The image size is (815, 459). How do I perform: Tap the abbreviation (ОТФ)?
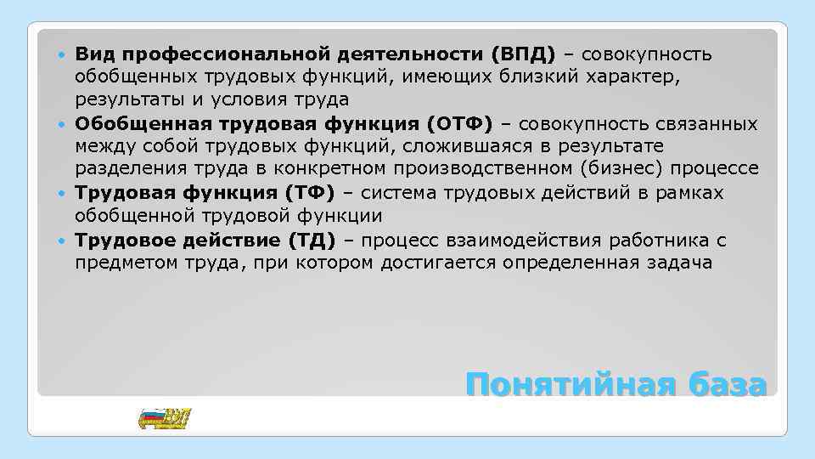coord(460,125)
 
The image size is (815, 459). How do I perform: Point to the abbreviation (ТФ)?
coord(311,194)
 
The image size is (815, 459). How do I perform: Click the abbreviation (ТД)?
coord(311,241)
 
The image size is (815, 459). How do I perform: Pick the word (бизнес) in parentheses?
coord(606,171)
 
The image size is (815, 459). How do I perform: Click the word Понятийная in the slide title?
coord(563,384)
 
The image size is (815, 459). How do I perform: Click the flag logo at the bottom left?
coord(164,418)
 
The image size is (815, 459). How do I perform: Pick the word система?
coord(402,194)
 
